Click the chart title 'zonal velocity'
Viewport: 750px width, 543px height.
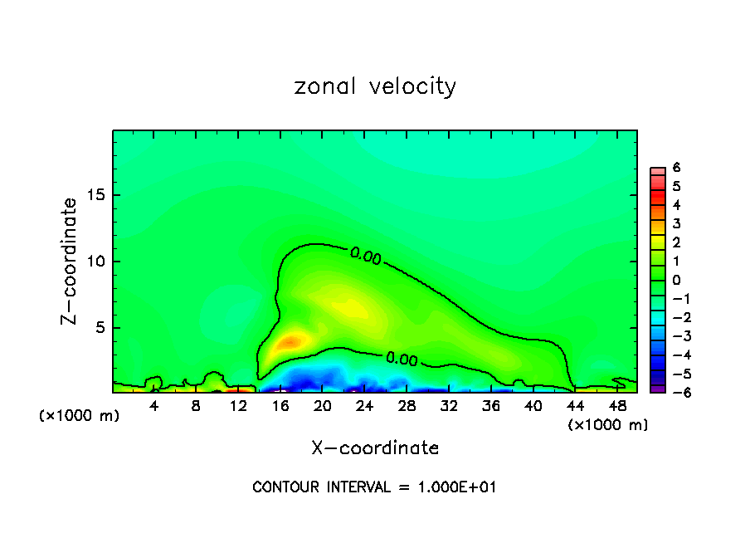(375, 86)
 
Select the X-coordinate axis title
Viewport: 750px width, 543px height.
(375, 448)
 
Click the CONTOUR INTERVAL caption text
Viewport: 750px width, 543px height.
(374, 487)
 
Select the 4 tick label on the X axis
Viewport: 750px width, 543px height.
(153, 406)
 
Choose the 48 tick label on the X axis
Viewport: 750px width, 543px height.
(616, 406)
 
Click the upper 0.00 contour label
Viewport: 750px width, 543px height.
(365, 257)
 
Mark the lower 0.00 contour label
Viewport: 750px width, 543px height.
(402, 359)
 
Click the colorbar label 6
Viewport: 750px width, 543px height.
(676, 167)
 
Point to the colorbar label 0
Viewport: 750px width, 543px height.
(676, 280)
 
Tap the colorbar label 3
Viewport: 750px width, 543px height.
(676, 223)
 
